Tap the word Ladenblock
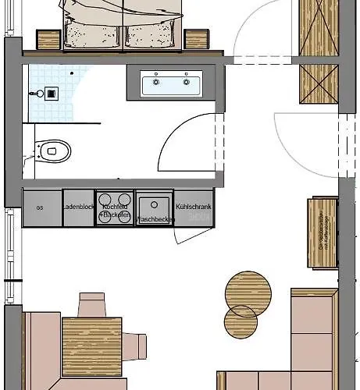(78, 207)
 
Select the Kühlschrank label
(192, 207)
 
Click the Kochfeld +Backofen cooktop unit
(114, 208)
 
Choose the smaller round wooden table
(241, 321)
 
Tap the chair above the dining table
(91, 302)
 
